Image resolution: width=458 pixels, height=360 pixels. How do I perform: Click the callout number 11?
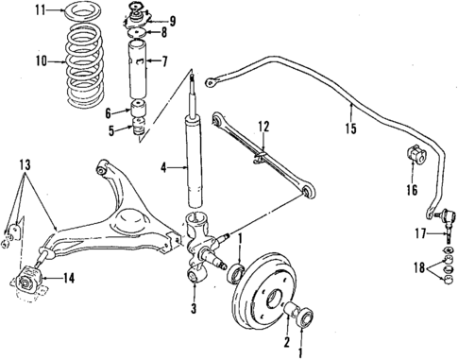click(11, 12)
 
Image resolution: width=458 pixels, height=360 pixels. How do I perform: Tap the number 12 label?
click(264, 125)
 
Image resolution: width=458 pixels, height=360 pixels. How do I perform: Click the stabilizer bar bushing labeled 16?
click(413, 155)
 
